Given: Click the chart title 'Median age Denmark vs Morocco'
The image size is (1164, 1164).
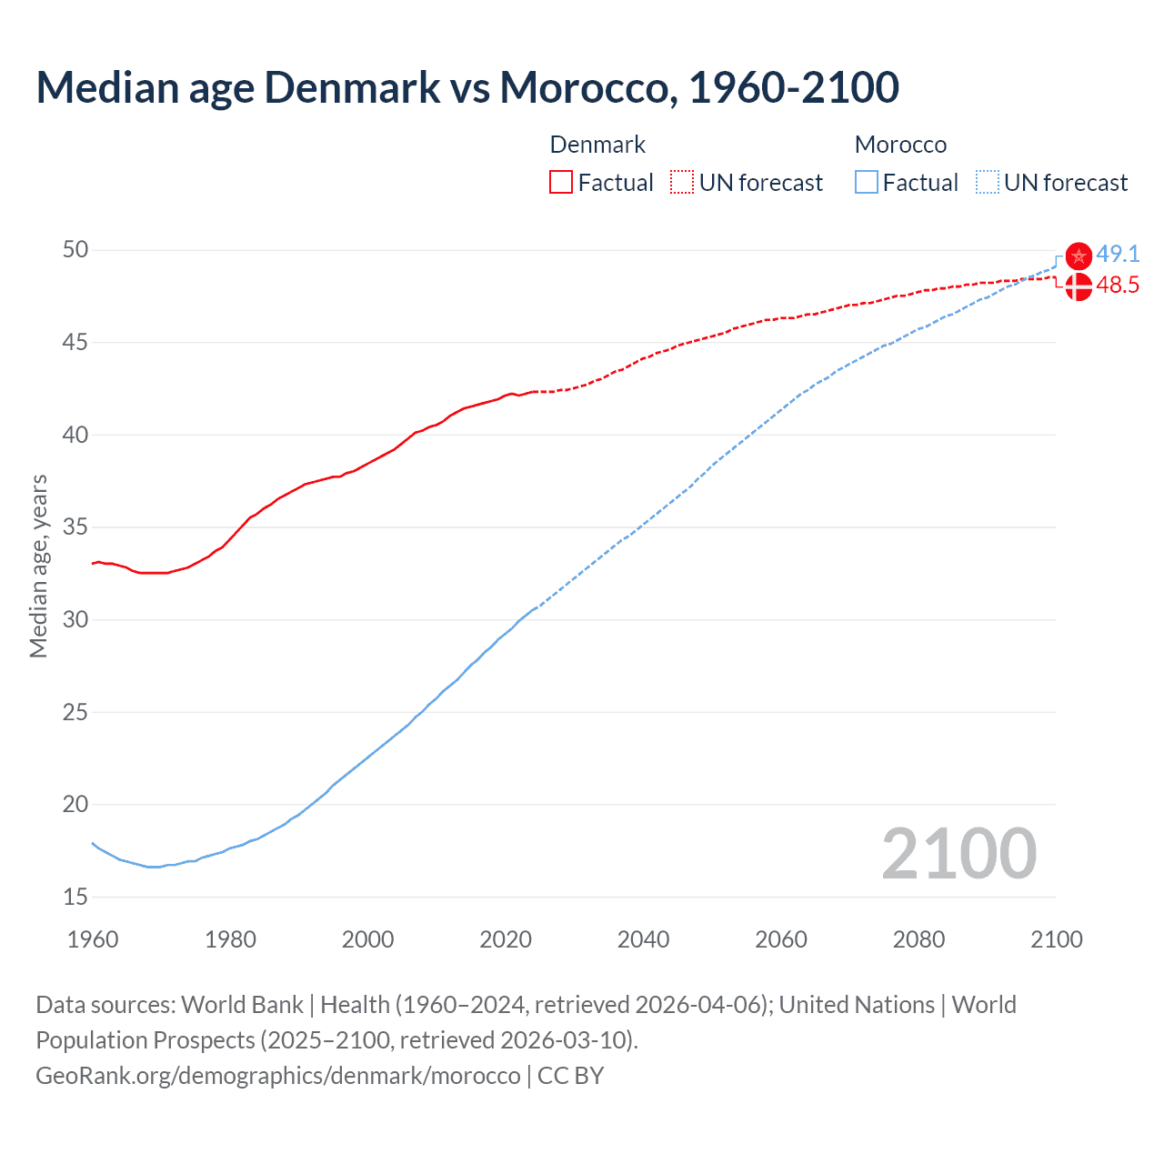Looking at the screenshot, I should tap(467, 87).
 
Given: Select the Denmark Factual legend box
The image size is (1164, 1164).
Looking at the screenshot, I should tap(561, 183).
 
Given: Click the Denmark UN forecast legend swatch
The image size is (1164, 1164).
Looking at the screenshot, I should tap(682, 183).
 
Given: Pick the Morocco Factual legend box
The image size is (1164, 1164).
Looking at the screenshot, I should tap(867, 183).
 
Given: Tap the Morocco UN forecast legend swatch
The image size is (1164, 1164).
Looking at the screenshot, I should tap(988, 183).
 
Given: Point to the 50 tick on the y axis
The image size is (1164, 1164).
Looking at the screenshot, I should tap(75, 250).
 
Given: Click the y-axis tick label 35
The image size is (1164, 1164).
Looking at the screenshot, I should tap(75, 527).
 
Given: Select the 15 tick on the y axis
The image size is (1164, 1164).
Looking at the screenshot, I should tap(75, 897).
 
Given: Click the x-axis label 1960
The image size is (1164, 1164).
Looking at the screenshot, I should tap(93, 939).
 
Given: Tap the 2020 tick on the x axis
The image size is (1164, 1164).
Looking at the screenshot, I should tap(506, 939).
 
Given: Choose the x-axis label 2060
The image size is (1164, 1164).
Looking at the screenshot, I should tap(781, 939).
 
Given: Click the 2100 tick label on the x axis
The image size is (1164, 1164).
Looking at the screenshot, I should tap(1057, 939).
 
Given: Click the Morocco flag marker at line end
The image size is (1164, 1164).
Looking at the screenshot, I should tap(1079, 256).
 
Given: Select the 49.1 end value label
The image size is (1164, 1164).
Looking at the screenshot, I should tap(1118, 254).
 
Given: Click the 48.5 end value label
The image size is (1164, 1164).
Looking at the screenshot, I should tap(1118, 286).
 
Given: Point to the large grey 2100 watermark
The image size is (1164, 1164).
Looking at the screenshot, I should tap(958, 853).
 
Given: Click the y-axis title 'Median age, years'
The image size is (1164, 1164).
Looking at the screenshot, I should tap(38, 566).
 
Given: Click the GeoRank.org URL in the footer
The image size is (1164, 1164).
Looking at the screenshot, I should tap(277, 1076).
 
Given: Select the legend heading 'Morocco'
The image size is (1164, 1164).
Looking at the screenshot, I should tap(900, 145).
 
